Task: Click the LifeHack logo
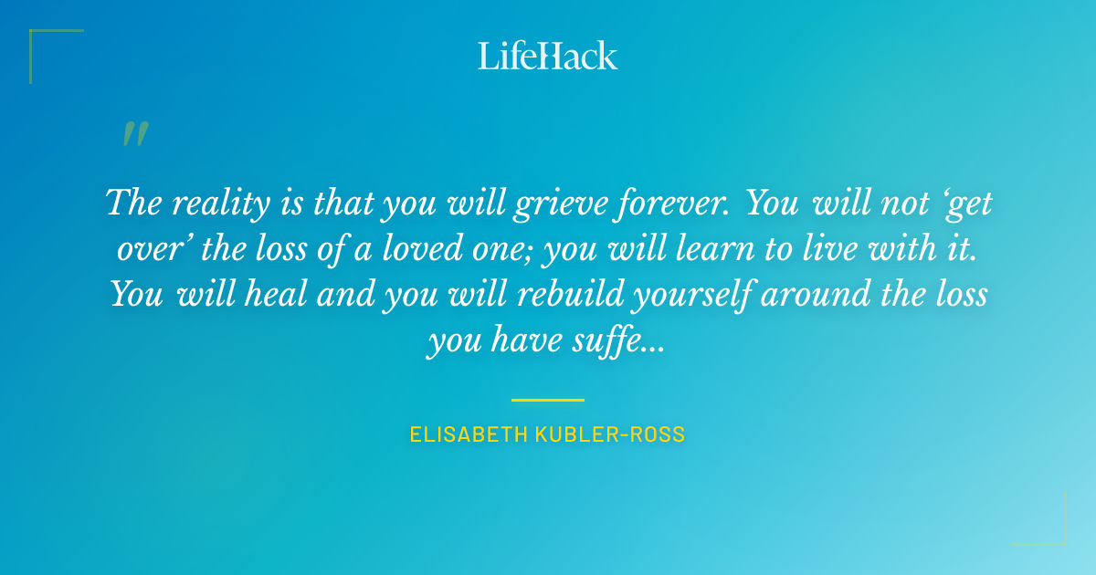pyautogui.click(x=548, y=56)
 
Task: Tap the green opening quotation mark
pyautogui.click(x=135, y=135)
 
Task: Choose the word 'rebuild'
pyautogui.click(x=544, y=294)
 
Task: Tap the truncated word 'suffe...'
pyautogui.click(x=631, y=340)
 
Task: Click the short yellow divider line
pyautogui.click(x=548, y=400)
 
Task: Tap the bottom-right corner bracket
pyautogui.click(x=1055, y=534)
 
